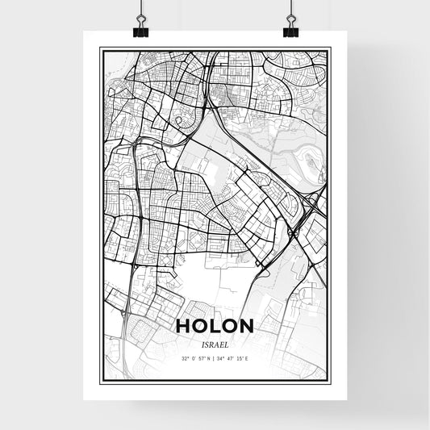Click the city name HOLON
coord(215,326)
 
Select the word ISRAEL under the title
coord(215,342)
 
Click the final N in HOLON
coord(247,326)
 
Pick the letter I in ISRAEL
coord(200,342)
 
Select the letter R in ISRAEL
coord(211,342)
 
